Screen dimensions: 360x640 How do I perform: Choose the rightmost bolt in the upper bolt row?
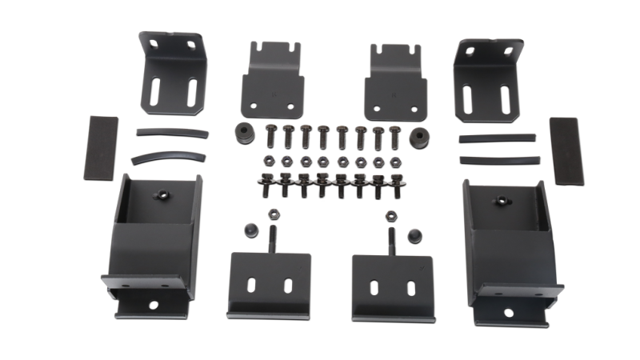click(x=394, y=136)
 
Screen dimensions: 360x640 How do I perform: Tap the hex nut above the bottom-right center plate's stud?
click(x=392, y=214)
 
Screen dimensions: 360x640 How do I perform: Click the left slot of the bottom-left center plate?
click(x=253, y=284)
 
